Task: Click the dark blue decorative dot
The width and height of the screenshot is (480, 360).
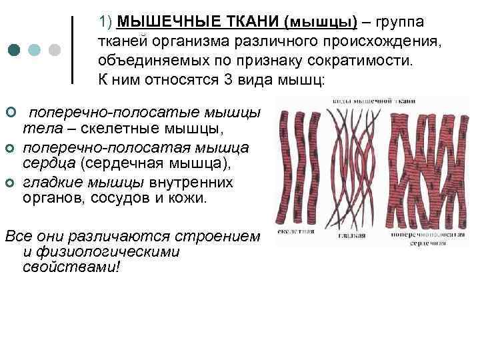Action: (x=14, y=51)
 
